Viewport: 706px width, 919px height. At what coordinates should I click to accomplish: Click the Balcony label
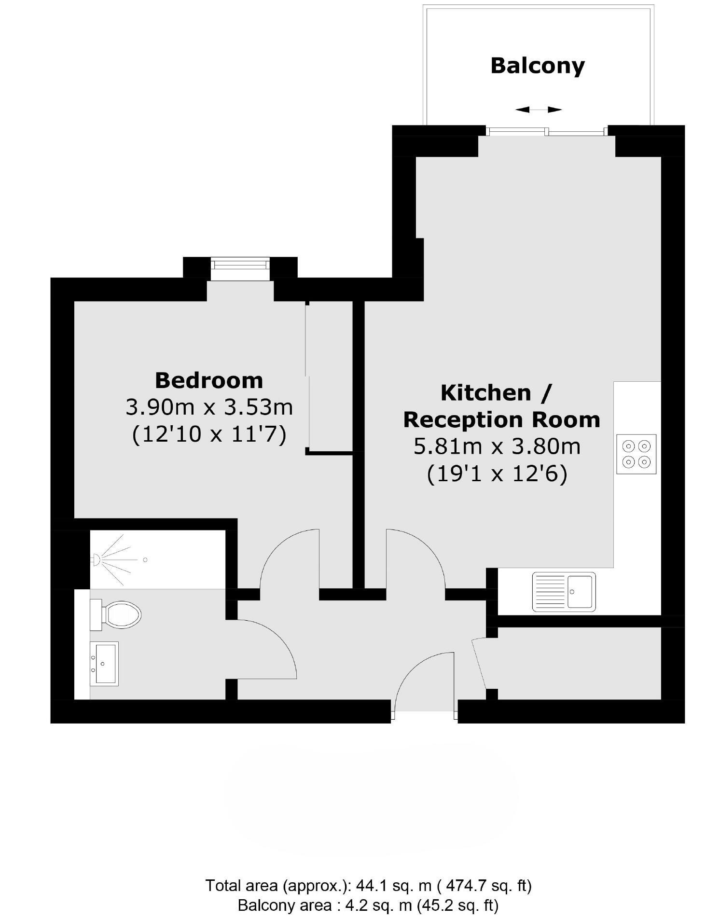[x=537, y=66]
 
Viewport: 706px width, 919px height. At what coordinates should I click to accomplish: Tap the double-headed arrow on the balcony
[x=538, y=110]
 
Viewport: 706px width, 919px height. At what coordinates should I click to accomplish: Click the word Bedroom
[x=208, y=381]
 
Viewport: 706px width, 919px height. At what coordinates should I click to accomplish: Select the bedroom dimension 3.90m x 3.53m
[x=209, y=407]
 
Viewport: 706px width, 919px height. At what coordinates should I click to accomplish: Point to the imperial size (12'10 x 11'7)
[x=209, y=434]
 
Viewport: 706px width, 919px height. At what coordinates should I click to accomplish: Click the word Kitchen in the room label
[x=485, y=393]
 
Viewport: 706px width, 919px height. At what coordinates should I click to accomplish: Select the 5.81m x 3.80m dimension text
[x=497, y=446]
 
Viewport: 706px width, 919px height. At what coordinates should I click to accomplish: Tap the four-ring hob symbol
[x=636, y=454]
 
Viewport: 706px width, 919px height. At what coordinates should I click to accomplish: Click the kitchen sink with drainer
[x=563, y=592]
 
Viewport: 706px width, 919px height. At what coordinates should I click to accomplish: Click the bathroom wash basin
[x=103, y=663]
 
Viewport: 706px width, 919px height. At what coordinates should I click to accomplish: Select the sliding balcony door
[x=546, y=130]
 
